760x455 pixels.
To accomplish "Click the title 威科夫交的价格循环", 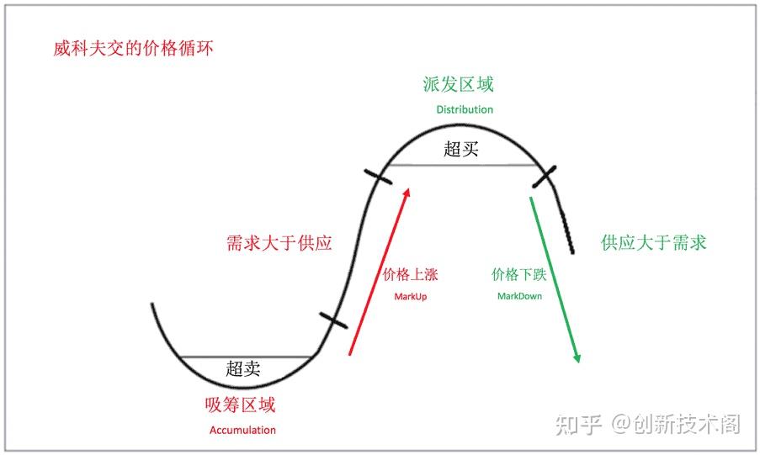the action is pos(133,49).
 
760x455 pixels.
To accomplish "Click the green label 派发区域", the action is pos(458,84).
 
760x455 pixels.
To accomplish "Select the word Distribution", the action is pos(465,109).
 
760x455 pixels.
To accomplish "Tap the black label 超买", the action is pos(461,149).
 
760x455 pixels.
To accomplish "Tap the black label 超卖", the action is pos(243,368).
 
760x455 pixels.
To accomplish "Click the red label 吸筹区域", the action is pos(240,405).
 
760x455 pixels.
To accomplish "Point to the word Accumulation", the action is pos(242,430).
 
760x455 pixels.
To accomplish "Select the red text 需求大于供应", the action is pos(279,243).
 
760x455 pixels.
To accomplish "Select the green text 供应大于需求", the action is pos(654,242).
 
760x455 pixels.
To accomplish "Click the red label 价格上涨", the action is pos(410,275).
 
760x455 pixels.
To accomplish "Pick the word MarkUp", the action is pos(411,297).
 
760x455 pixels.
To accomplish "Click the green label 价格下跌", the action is pos(519,275).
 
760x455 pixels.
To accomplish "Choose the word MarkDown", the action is pos(519,296).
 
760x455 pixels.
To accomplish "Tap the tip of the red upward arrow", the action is pos(409,188).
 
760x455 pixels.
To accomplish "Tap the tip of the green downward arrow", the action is pos(577,362).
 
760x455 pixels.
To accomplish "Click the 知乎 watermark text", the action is pos(579,425).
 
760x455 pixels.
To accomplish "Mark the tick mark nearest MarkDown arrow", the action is pos(545,177).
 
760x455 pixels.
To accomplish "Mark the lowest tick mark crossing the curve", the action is pos(333,320).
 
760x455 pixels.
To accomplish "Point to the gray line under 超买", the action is pos(462,165).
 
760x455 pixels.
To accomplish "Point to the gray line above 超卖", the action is pos(245,357).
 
